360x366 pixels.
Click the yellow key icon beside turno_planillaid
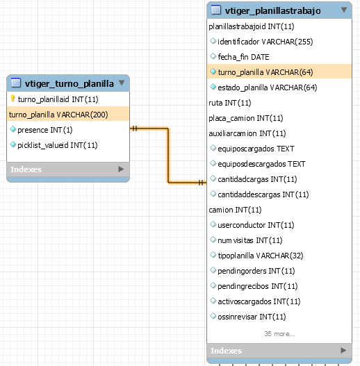[13, 99]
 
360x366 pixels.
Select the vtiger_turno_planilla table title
[69, 83]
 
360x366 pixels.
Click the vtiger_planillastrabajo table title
[272, 10]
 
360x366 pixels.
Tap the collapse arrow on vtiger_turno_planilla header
[122, 83]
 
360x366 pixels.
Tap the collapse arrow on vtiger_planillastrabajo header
[343, 10]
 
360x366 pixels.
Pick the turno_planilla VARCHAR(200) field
[58, 115]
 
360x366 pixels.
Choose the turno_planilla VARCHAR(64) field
[265, 72]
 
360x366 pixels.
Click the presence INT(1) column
[45, 130]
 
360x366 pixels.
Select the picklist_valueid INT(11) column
[58, 145]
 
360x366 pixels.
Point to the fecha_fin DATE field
[243, 57]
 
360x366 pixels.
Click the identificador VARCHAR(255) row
[265, 42]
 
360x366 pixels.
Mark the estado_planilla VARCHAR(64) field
[268, 88]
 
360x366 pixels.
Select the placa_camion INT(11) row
[246, 118]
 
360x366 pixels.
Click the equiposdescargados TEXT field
[261, 164]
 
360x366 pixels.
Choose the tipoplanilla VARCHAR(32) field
[261, 256]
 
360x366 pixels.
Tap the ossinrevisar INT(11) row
[252, 317]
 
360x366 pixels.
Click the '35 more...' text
[279, 334]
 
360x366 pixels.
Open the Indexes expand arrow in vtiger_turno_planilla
[121, 169]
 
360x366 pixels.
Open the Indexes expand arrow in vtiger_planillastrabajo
[343, 350]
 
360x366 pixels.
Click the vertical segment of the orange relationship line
[168, 156]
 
